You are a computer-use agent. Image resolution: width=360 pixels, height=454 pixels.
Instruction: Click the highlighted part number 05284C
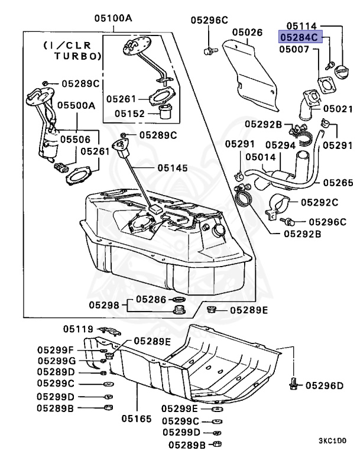pyautogui.click(x=299, y=37)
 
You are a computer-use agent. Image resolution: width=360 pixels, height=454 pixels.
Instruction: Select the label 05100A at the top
pyautogui.click(x=113, y=18)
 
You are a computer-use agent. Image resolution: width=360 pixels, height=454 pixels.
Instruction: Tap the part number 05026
pyautogui.click(x=247, y=32)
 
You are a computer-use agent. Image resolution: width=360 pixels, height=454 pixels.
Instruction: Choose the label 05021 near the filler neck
pyautogui.click(x=338, y=110)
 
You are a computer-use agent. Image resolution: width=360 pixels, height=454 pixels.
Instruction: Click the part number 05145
pyautogui.click(x=173, y=168)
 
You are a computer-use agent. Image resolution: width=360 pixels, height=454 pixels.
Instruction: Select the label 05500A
pyautogui.click(x=76, y=105)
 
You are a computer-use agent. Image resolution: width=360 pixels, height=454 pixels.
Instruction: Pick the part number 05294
pyautogui.click(x=280, y=144)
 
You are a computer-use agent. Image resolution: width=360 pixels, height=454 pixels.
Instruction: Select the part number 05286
pyautogui.click(x=151, y=300)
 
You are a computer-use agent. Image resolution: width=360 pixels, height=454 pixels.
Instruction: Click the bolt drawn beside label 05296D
pyautogui.click(x=293, y=384)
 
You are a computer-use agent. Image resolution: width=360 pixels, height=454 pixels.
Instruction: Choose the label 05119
pyautogui.click(x=79, y=329)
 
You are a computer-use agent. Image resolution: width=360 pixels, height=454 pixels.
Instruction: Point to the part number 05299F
pyautogui.click(x=56, y=349)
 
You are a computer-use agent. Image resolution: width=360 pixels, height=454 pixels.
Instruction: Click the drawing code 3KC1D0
pyautogui.click(x=333, y=440)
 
